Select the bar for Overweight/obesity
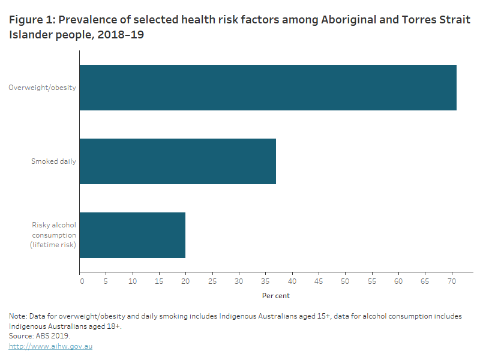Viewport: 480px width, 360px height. click(268, 88)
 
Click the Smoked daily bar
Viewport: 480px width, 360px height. click(178, 161)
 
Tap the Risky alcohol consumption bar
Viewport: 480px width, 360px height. click(133, 235)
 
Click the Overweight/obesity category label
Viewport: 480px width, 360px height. click(42, 88)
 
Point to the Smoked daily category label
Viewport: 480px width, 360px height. click(53, 161)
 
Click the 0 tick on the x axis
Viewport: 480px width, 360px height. click(81, 280)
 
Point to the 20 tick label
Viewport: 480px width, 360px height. click(185, 280)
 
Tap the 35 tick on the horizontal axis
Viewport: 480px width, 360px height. click(265, 280)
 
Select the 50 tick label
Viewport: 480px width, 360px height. click(345, 280)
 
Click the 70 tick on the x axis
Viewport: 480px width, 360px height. click(451, 280)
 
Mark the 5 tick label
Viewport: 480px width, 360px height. click(106, 280)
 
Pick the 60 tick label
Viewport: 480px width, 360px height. click(398, 280)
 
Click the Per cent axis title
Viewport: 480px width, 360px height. click(276, 296)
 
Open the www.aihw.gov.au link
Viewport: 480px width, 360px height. click(50, 346)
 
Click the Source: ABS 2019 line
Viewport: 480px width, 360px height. click(40, 336)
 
